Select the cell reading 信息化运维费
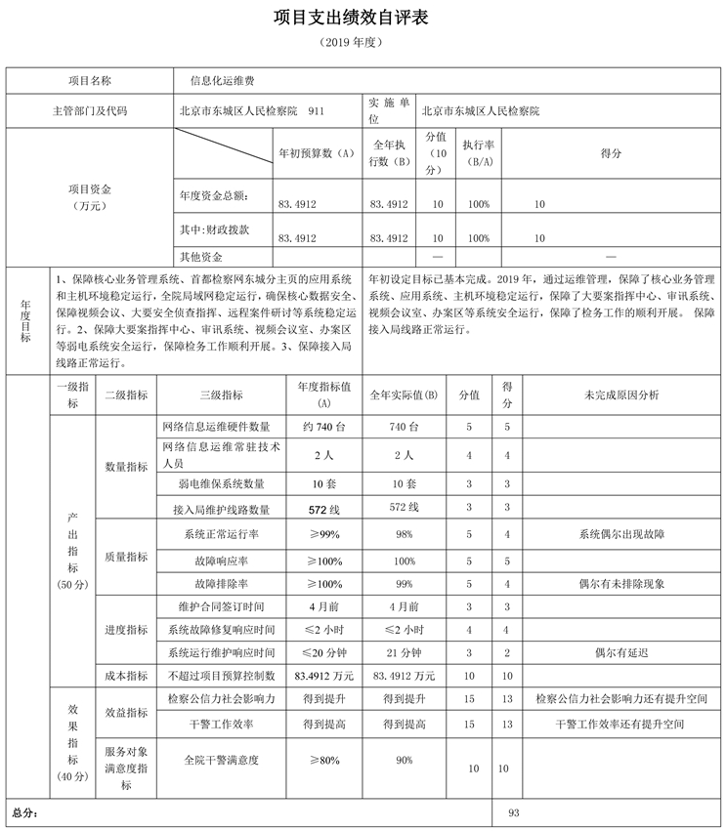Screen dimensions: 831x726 [217, 81]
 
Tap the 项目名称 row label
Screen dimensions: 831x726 [90, 81]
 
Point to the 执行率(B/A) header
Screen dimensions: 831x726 [478, 153]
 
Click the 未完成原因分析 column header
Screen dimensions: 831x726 [621, 395]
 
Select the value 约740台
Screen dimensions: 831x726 [317, 427]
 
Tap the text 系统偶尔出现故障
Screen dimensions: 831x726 [621, 534]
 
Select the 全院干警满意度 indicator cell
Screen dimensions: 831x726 [221, 758]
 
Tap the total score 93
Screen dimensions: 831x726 [515, 812]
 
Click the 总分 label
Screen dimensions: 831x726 [24, 812]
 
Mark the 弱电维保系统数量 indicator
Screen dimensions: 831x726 [221, 483]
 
